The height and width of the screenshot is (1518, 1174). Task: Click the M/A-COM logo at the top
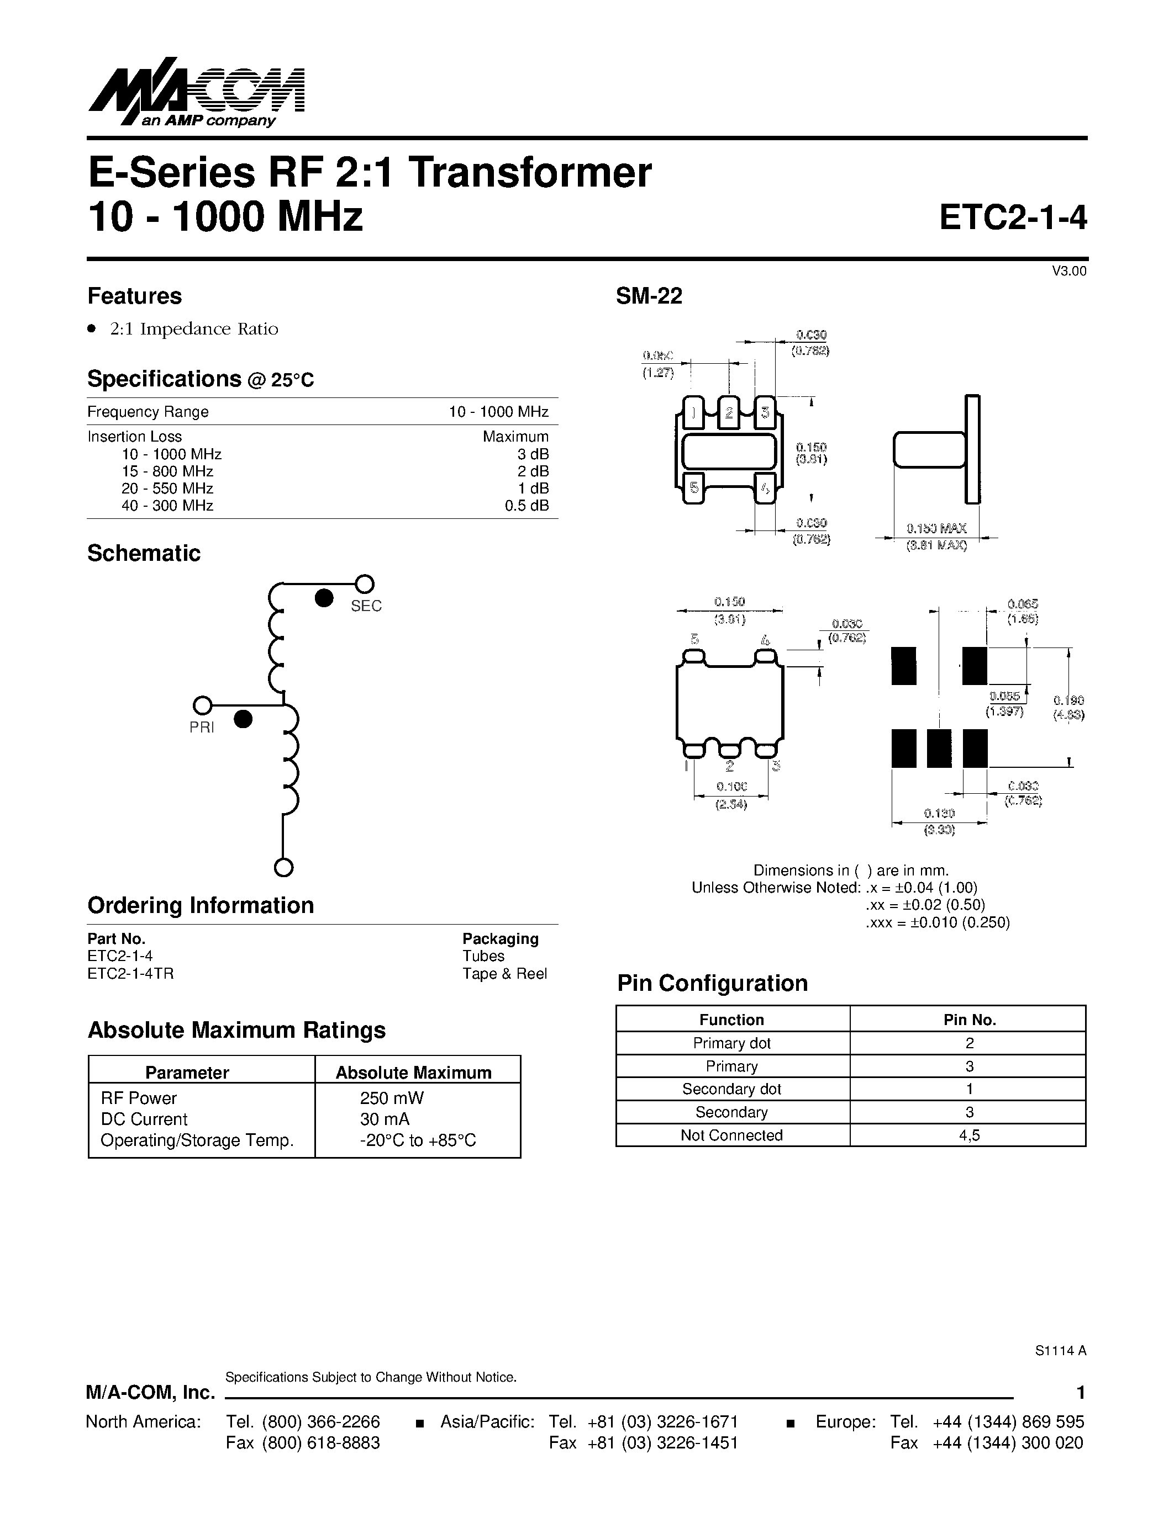point(197,97)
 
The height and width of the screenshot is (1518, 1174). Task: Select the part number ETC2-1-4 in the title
point(1012,217)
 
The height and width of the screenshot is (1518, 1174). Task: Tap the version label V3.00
point(1068,271)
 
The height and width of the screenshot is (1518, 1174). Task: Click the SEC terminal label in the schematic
point(366,606)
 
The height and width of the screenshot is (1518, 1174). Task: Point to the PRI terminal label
point(202,727)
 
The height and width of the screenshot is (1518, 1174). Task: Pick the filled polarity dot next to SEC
point(324,598)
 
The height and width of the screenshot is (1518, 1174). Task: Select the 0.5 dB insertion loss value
point(527,506)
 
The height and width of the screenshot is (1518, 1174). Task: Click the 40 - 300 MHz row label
point(167,506)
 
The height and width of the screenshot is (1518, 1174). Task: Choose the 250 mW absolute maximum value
point(392,1098)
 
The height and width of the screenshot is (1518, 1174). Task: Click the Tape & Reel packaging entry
point(504,974)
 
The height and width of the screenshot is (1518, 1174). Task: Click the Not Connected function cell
point(731,1135)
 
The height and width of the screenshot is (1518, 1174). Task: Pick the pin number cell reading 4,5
point(969,1135)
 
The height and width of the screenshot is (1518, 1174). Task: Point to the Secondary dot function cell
point(731,1089)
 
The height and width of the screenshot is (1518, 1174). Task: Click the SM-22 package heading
point(649,296)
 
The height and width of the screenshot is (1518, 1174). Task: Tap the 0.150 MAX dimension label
point(936,529)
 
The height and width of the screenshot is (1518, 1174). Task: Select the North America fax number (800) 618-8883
point(320,1443)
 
